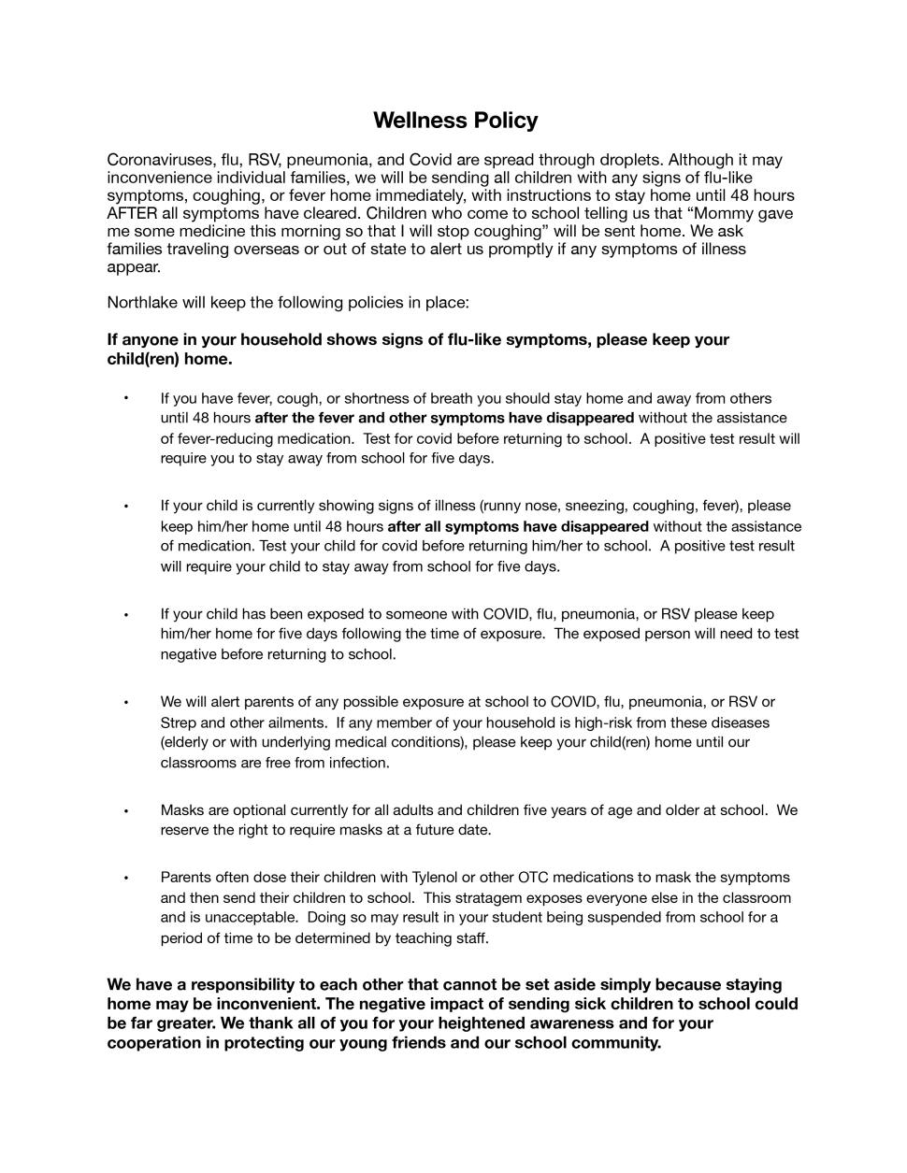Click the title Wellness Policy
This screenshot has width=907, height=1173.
coord(455,121)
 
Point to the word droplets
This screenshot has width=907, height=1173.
coord(627,160)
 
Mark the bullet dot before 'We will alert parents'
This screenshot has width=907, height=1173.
coord(125,702)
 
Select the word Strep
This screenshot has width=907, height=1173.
coord(179,722)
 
